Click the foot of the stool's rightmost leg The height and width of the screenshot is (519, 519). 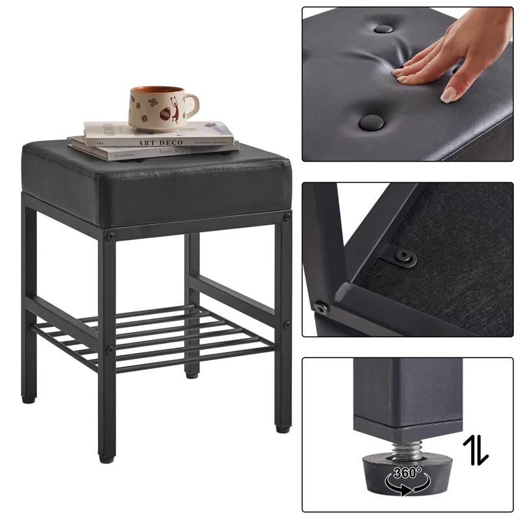pos(282,428)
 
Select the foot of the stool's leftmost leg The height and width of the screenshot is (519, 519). pos(28,399)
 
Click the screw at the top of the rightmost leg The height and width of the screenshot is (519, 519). pos(286,219)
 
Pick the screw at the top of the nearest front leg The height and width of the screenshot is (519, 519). pos(110,235)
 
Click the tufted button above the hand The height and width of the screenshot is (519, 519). pos(383,29)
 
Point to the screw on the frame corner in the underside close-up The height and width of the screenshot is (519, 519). pos(319,306)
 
